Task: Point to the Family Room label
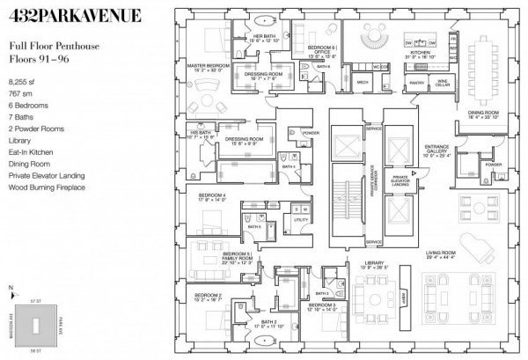coord(237,259)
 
